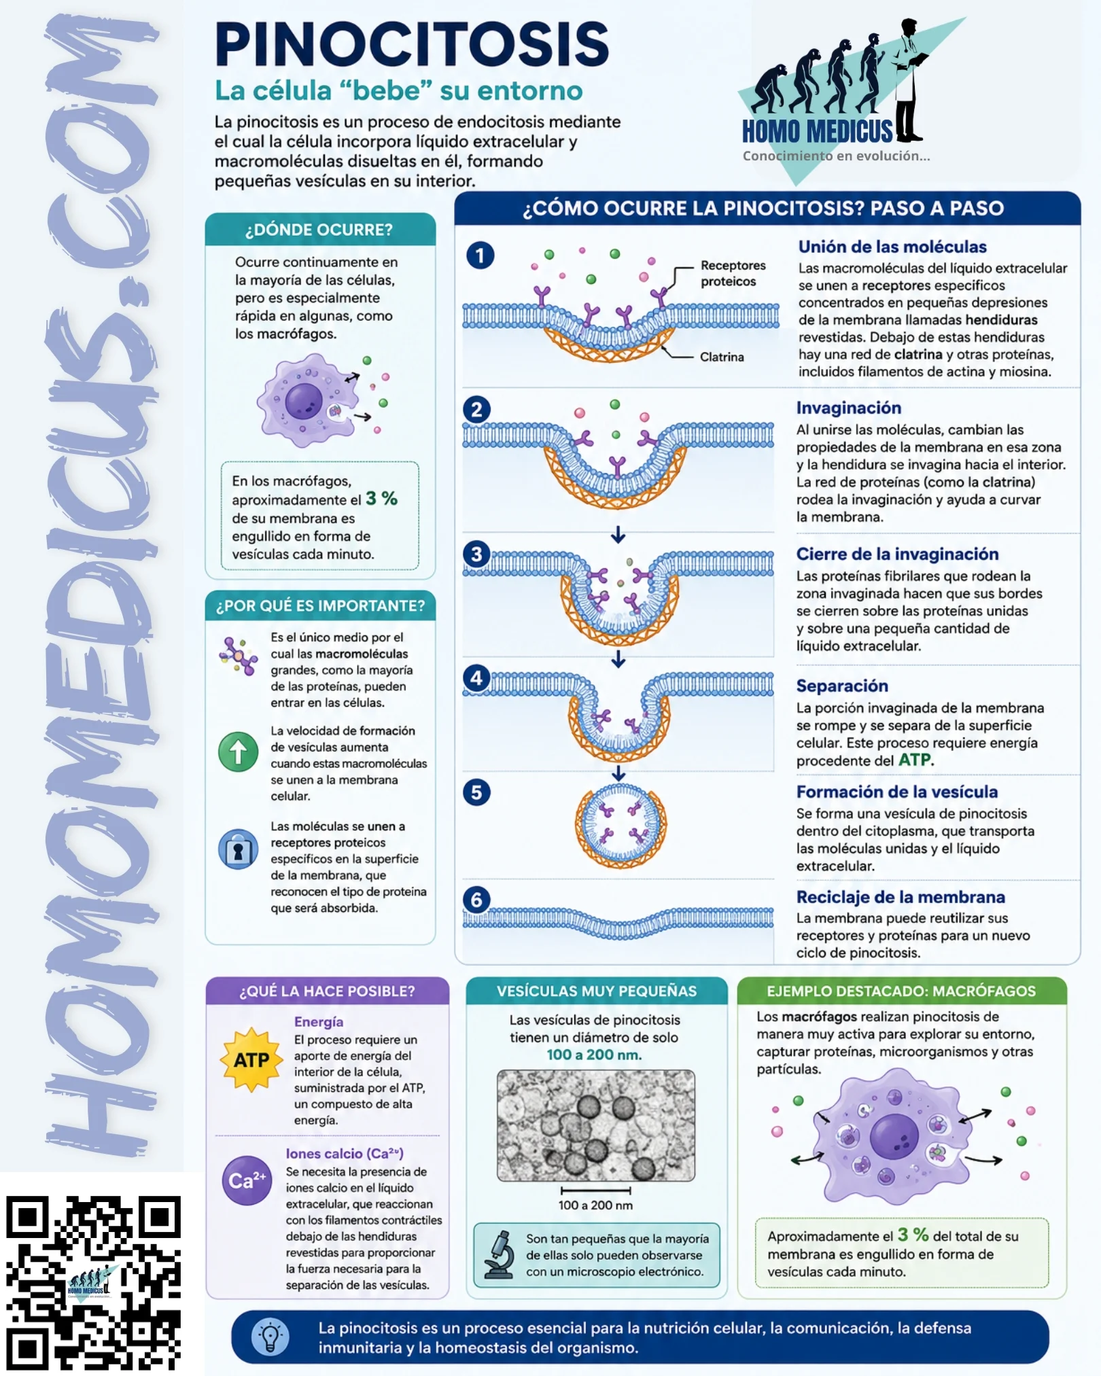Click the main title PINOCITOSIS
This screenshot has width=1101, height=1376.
[x=412, y=44]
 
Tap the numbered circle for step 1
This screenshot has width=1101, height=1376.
[x=480, y=255]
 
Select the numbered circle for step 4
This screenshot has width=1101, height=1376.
[x=476, y=677]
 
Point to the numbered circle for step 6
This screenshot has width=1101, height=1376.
[x=476, y=900]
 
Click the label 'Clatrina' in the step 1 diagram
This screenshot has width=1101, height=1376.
[x=722, y=357]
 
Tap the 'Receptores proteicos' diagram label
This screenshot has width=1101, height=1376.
[x=733, y=273]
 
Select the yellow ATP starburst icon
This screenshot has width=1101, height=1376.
[x=251, y=1059]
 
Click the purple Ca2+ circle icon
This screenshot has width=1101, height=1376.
[x=247, y=1180]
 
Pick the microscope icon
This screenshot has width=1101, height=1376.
[x=500, y=1254]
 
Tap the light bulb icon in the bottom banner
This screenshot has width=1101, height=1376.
[x=270, y=1337]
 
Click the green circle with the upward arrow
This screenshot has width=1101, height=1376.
[x=238, y=752]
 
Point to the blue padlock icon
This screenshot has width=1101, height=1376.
[x=238, y=849]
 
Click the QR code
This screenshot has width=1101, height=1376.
[x=93, y=1282]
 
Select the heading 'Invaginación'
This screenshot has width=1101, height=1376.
[x=849, y=408]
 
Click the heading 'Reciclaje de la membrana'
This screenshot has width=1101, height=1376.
[x=901, y=897]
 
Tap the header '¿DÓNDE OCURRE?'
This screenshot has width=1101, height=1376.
[x=319, y=230]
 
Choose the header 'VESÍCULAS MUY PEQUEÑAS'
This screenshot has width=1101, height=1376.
[x=597, y=991]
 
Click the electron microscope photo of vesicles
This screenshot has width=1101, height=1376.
[x=596, y=1125]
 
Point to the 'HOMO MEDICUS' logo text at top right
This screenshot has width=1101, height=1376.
[x=818, y=131]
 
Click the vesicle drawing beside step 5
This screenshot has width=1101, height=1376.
[x=621, y=825]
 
